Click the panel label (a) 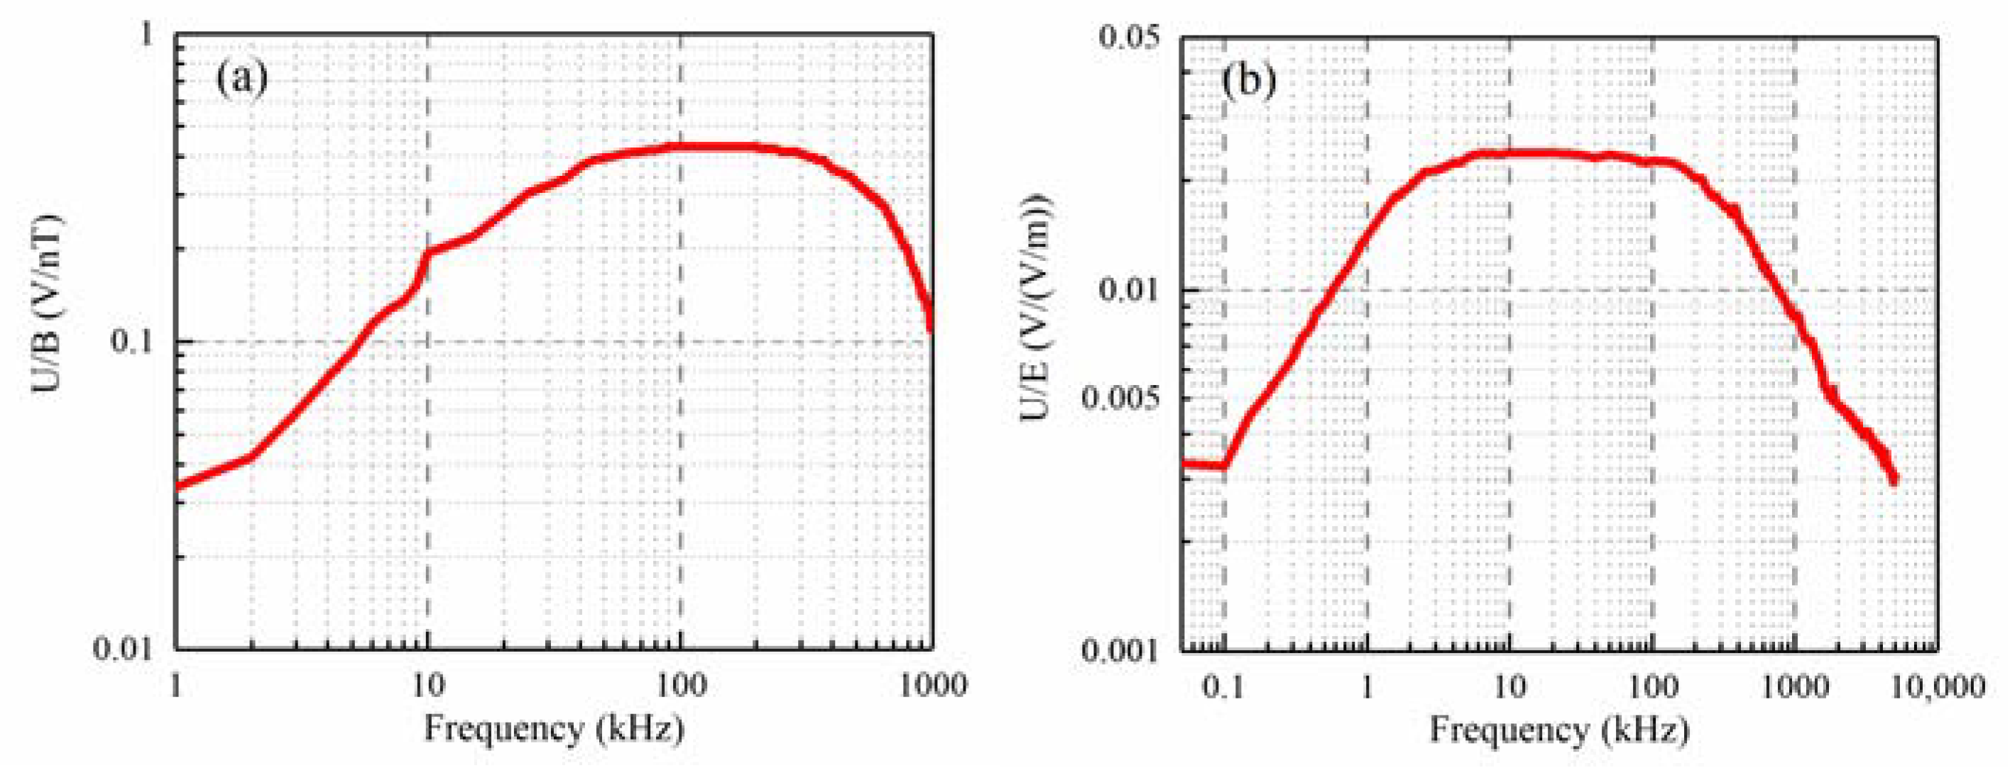point(242,78)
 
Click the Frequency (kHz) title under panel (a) point(554,730)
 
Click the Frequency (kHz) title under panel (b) point(1559,730)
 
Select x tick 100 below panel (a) point(680,686)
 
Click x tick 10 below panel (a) point(427,686)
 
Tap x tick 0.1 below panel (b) point(1223,686)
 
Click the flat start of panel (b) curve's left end point(1201,464)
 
